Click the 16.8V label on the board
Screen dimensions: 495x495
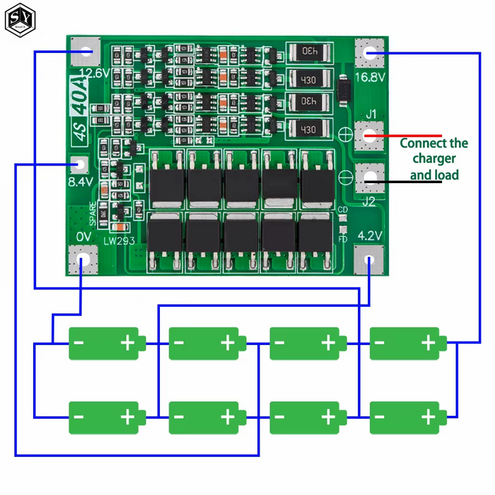point(370,77)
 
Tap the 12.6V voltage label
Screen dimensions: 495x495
point(94,73)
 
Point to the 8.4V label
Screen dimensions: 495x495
point(81,182)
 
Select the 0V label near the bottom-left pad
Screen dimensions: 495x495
point(84,235)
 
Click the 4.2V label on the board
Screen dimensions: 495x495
point(371,235)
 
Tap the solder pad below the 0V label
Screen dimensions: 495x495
point(83,260)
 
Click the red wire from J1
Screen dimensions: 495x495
point(410,135)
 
